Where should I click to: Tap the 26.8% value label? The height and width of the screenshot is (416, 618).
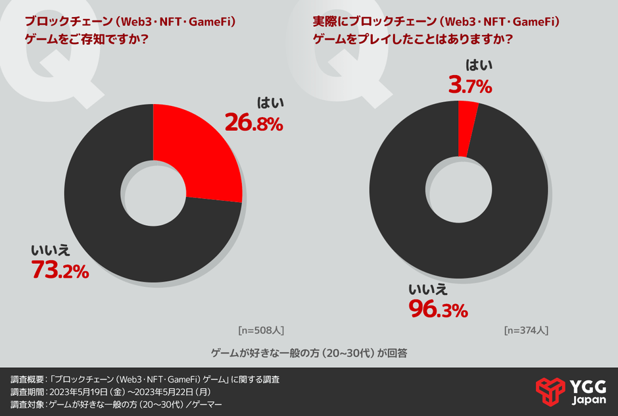point(254,122)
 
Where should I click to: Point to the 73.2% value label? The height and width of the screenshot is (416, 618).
point(60,270)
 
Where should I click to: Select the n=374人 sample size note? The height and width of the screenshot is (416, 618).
point(526,329)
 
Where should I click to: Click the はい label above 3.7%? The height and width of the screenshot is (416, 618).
point(479,65)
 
